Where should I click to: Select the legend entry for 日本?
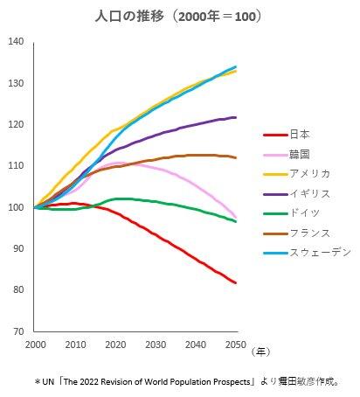[x=299, y=135]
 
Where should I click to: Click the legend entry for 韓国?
[x=299, y=154]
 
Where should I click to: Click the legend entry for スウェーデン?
[x=315, y=254]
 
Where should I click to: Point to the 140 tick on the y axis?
[x=16, y=42]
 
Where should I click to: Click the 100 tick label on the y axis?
[x=16, y=207]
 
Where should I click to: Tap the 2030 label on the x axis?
[x=156, y=345]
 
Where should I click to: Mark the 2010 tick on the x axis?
[x=75, y=345]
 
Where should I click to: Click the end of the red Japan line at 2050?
[x=236, y=282]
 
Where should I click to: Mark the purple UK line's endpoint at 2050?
[x=236, y=117]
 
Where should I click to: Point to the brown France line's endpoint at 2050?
[x=236, y=158]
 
